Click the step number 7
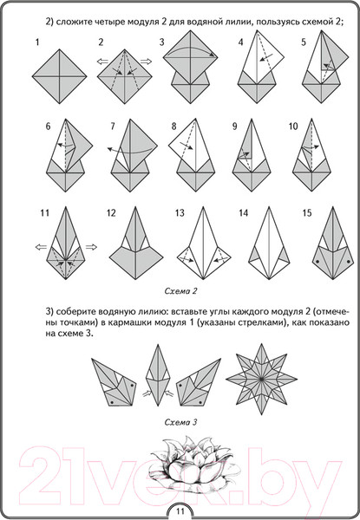click(x=113, y=127)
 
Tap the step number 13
click(x=180, y=212)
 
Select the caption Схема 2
click(x=180, y=291)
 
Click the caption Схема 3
click(x=180, y=422)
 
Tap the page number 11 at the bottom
click(x=180, y=511)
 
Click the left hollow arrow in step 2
click(x=102, y=61)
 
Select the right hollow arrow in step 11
click(x=91, y=247)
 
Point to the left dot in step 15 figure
click(x=317, y=262)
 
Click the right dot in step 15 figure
click(x=349, y=262)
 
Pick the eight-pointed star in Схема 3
click(x=261, y=379)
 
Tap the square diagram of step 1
click(x=60, y=76)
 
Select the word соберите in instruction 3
click(x=74, y=312)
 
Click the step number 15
click(x=307, y=212)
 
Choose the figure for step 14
click(x=270, y=243)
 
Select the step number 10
click(x=293, y=127)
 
